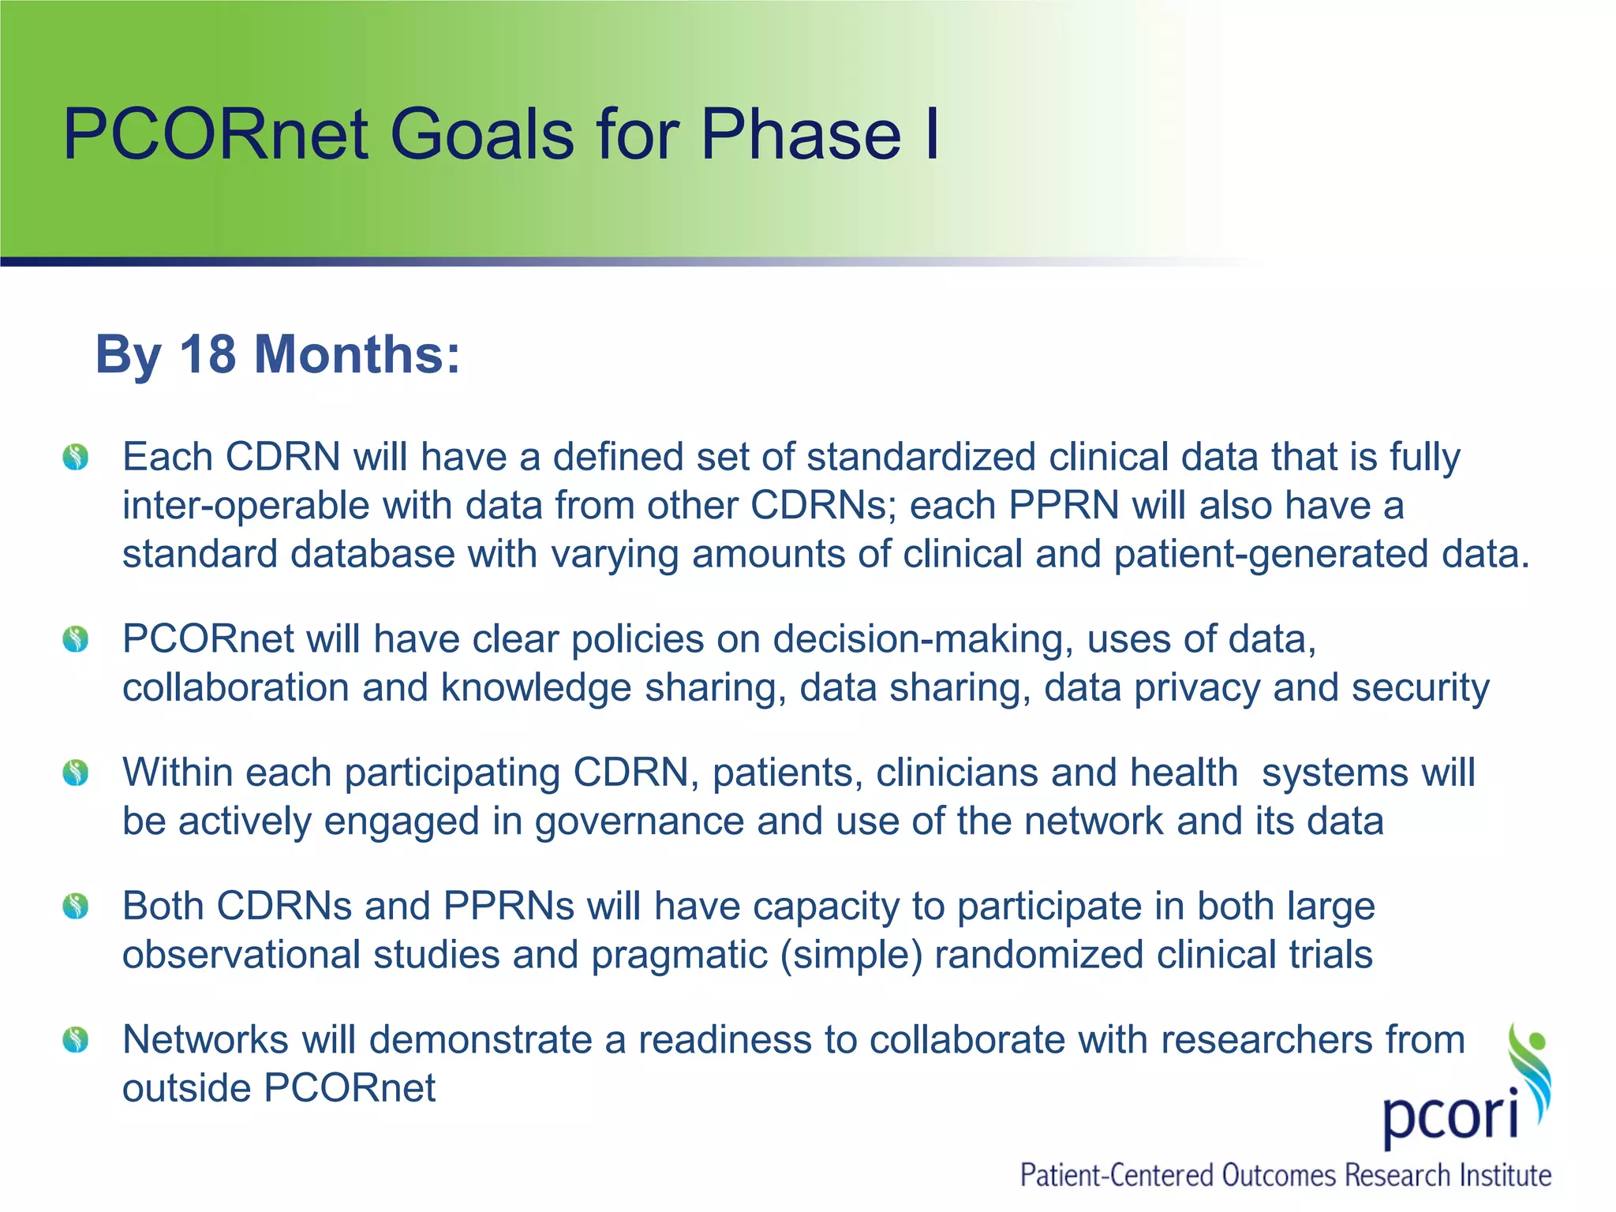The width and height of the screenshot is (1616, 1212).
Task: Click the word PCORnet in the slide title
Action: tap(215, 134)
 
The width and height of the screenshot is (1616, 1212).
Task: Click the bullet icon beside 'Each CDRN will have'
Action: tap(76, 457)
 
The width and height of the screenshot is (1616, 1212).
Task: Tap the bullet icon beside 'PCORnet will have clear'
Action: tap(76, 638)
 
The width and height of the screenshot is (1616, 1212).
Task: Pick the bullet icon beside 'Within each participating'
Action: tap(76, 772)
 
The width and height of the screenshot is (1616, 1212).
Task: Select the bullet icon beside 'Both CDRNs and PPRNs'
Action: tap(76, 906)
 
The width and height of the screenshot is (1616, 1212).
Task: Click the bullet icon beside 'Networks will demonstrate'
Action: tap(76, 1039)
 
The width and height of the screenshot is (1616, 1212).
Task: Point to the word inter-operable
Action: tap(245, 506)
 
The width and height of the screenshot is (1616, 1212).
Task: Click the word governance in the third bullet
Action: tap(639, 822)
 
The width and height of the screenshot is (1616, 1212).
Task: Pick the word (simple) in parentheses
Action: tap(851, 956)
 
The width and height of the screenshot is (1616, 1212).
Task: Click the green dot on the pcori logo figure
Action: tap(1537, 1040)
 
